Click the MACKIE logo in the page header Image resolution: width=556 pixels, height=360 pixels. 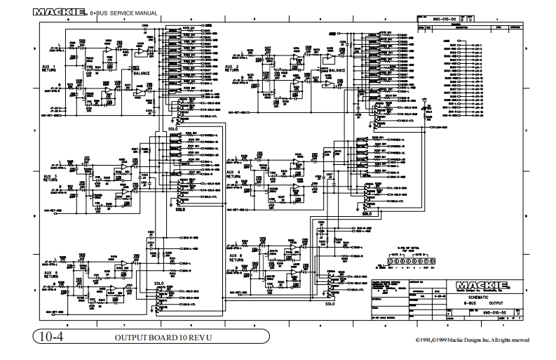click(59, 12)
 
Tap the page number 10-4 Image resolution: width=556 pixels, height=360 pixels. click(52, 338)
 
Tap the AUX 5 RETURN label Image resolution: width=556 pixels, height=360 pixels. click(50, 274)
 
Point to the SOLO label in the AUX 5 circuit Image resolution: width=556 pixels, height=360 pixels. click(158, 284)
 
